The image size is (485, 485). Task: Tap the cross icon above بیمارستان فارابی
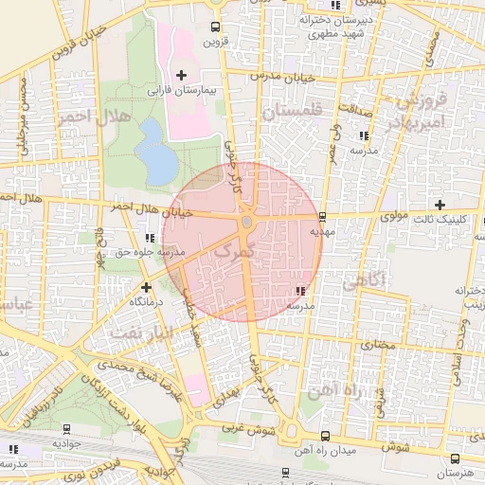[181, 75]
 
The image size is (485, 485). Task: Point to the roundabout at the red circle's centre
[246, 222]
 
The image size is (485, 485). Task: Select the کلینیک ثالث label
[439, 219]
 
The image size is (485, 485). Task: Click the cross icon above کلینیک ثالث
[439, 204]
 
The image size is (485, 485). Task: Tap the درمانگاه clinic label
[147, 300]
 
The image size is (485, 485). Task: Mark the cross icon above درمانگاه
[146, 286]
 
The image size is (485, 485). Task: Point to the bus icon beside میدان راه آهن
[325, 436]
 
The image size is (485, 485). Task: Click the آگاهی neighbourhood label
[364, 280]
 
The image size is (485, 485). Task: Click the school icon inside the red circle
[299, 292]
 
